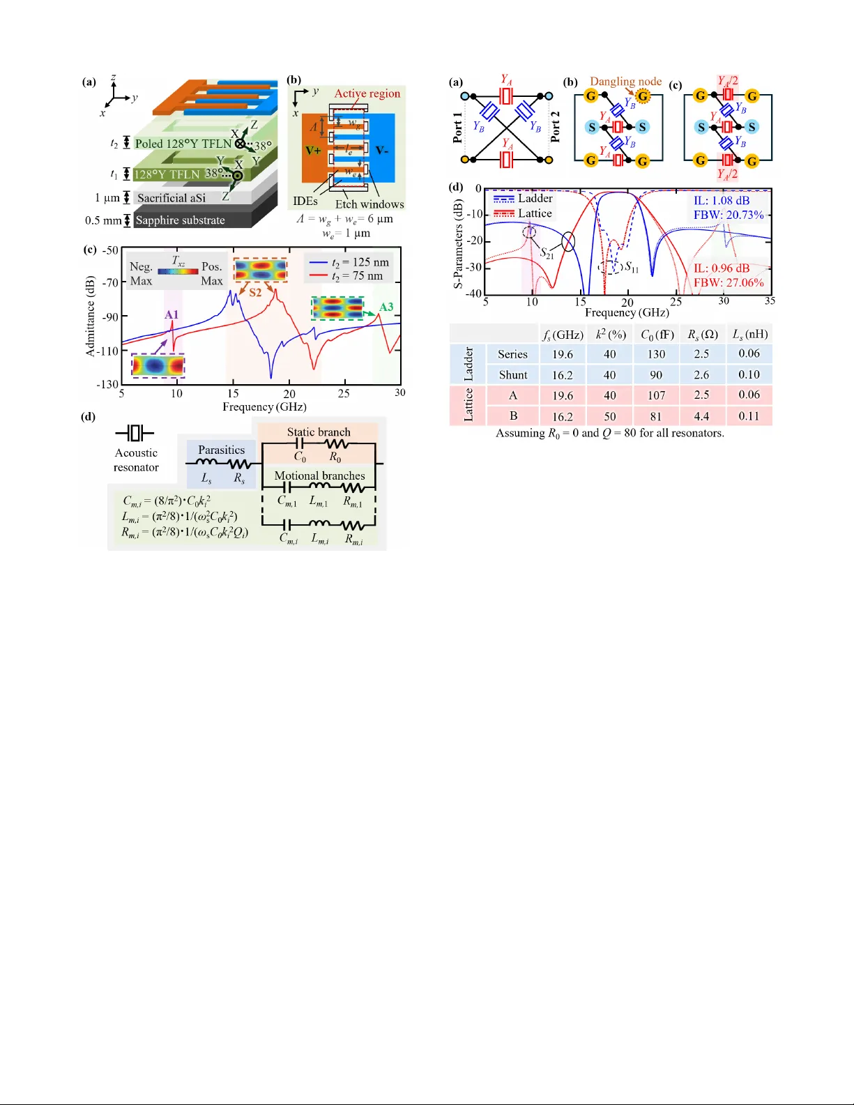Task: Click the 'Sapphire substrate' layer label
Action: point(180,220)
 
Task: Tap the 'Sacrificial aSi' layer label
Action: point(171,198)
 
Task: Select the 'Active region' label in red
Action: point(367,93)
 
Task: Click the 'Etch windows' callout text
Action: point(369,204)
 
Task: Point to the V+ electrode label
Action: point(313,151)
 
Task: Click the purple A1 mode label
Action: point(171,315)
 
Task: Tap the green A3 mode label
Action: point(386,307)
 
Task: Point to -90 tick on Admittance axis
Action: point(109,317)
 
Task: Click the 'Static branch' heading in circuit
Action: point(319,432)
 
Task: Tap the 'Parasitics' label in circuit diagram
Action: point(221,450)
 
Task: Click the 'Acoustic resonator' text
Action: point(137,460)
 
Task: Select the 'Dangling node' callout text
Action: point(625,82)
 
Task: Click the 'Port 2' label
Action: point(556,127)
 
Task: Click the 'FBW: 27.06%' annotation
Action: point(729,282)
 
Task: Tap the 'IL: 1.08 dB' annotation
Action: point(722,201)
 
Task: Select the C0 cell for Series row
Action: point(656,354)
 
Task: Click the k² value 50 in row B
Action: point(610,416)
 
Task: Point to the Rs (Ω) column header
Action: point(703,335)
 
